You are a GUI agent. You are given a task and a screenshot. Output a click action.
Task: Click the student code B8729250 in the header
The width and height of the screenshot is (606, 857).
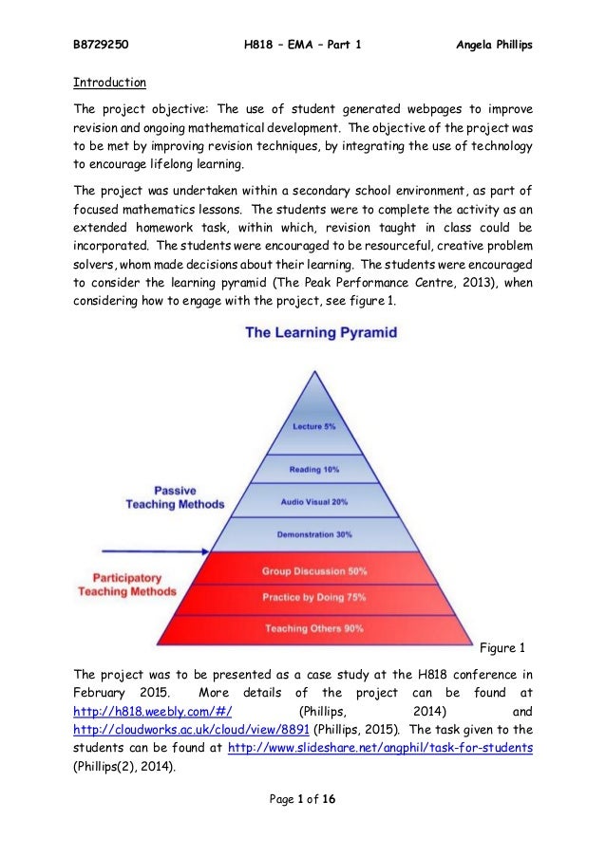102,44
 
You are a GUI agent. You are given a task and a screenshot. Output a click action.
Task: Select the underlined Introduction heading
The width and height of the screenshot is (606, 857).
109,82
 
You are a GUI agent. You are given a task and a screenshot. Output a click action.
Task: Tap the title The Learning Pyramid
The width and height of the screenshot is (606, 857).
321,333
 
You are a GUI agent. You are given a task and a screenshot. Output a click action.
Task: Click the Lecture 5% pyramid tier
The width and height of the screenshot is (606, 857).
313,427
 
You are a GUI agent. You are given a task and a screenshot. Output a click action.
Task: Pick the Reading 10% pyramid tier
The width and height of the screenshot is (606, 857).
314,470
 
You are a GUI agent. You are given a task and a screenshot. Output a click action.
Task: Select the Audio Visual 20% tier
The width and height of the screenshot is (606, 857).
314,501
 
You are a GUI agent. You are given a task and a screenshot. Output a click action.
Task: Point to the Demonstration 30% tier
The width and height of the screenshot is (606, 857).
314,534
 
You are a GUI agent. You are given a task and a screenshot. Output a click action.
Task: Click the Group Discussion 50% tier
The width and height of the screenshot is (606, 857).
314,571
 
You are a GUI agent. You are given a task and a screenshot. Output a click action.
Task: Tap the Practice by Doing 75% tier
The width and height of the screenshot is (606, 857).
314,598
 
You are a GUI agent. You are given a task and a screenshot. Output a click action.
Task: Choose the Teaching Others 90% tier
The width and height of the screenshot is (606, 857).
314,628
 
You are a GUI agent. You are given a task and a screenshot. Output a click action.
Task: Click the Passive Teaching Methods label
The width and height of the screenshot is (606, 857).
175,497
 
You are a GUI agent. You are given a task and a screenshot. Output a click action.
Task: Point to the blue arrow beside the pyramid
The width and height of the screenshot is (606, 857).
142,550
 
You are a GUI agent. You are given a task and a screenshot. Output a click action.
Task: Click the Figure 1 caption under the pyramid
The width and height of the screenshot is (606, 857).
502,648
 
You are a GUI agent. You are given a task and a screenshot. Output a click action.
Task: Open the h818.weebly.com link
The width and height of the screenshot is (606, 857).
154,711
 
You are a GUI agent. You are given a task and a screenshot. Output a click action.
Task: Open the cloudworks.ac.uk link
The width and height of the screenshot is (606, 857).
192,730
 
